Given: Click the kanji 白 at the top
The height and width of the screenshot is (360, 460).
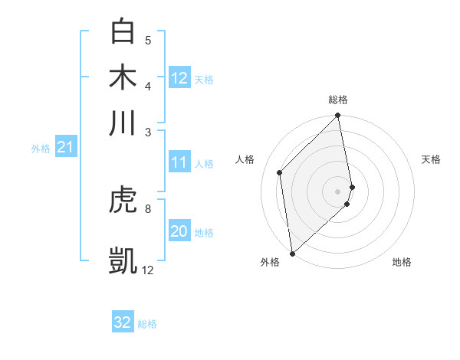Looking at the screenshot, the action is tap(123, 31).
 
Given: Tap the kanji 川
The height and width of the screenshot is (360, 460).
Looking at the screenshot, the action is tap(123, 123).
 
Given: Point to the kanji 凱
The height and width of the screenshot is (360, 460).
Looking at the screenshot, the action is tap(123, 260).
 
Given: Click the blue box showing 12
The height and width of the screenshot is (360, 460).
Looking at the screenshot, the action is tap(179, 78).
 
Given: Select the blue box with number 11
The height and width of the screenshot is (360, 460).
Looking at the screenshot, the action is tap(179, 162).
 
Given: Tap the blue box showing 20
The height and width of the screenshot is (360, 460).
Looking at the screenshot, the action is tap(179, 231).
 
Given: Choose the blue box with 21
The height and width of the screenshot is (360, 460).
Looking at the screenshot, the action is tap(64, 147).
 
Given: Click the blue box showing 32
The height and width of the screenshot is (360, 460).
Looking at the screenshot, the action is tap(123, 322).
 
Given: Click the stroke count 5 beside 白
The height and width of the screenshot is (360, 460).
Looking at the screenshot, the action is tap(148, 41).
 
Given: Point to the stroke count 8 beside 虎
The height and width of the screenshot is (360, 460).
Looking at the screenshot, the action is tap(148, 208).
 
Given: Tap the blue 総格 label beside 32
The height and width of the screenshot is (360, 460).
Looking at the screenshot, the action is tap(147, 324).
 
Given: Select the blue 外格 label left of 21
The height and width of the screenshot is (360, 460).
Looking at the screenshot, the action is tap(40, 149).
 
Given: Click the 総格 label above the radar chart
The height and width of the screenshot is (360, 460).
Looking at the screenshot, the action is tap(338, 100).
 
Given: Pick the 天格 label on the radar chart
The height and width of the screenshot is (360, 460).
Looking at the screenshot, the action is tap(431, 159).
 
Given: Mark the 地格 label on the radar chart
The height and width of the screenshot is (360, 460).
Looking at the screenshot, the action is tap(402, 263).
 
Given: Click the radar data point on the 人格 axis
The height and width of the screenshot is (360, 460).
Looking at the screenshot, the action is tap(280, 172).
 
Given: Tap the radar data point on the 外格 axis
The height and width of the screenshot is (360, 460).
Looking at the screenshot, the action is tap(292, 254).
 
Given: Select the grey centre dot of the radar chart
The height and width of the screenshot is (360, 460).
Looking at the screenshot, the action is tap(338, 191).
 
